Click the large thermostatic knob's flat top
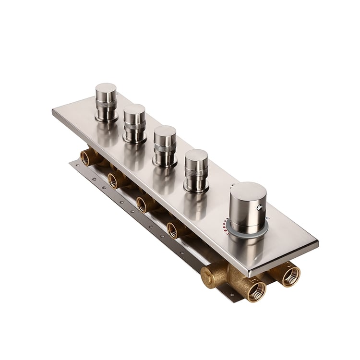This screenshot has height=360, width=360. [248, 192]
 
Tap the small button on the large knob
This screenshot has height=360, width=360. [260, 207]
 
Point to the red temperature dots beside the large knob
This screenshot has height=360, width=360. [226, 224]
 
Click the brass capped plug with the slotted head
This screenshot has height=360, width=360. [208, 277]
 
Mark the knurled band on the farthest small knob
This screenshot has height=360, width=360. [105, 104]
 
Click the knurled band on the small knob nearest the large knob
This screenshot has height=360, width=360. [197, 174]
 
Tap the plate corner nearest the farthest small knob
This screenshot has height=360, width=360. [53, 111]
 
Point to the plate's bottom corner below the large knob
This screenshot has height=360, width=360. [250, 275]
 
